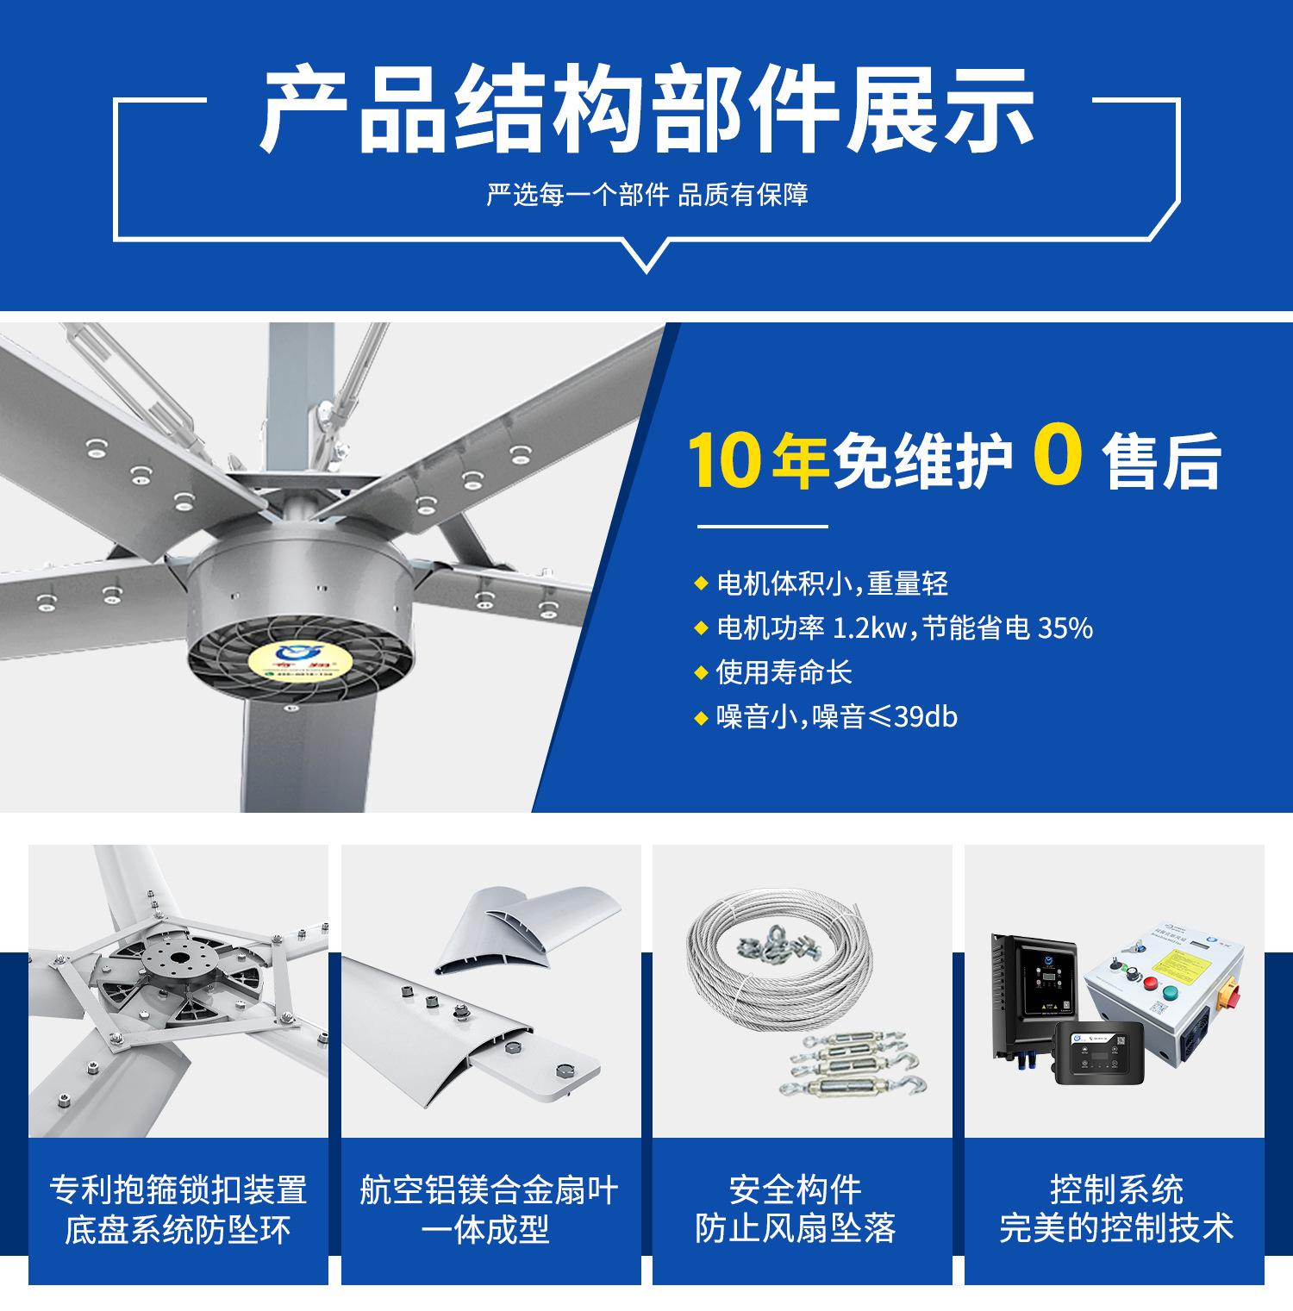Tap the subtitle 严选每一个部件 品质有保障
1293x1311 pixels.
646,195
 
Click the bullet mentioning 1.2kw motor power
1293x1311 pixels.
903,627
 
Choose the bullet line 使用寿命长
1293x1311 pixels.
784,672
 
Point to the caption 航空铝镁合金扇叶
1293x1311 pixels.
489,1190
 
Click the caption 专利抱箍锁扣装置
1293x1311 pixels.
178,1190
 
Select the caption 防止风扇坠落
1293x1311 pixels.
796,1229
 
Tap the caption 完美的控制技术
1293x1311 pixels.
1115,1229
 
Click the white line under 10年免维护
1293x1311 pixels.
761,526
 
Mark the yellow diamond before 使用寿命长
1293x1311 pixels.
700,672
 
